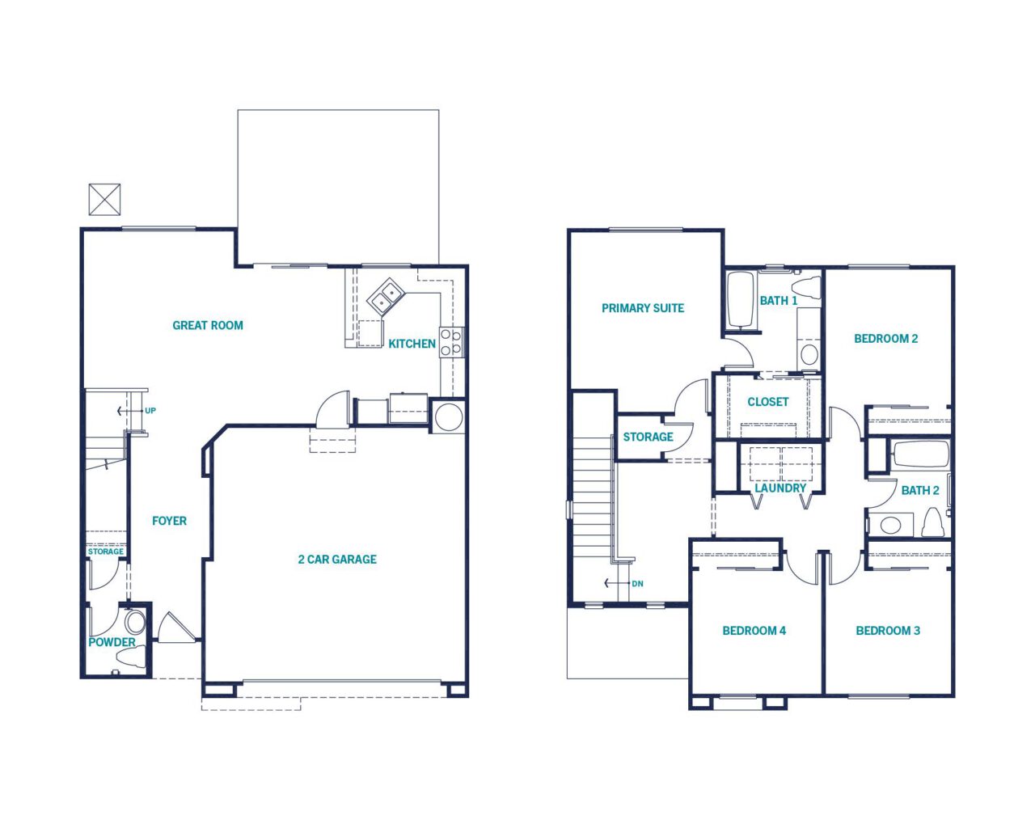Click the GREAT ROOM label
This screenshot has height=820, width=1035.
208,326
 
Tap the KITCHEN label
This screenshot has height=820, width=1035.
412,344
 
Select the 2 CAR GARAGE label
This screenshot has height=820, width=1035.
337,560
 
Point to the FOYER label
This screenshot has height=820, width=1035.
169,521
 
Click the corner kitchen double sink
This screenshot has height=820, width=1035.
387,297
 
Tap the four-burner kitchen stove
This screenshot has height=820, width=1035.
451,342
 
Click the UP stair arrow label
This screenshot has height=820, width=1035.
150,411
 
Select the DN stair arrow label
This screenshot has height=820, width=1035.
637,584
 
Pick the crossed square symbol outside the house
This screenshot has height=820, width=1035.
104,199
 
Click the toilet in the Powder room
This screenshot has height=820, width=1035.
131,657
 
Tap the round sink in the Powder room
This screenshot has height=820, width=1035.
135,622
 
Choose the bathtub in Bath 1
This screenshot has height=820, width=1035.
740,300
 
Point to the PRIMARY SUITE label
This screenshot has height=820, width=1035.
643,308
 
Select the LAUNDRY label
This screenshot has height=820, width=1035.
780,488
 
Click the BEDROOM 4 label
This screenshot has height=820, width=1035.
754,631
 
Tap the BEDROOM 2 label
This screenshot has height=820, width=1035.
886,339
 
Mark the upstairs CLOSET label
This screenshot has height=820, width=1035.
767,402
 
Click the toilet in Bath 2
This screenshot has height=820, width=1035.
932,522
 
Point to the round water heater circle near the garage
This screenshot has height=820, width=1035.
448,416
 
